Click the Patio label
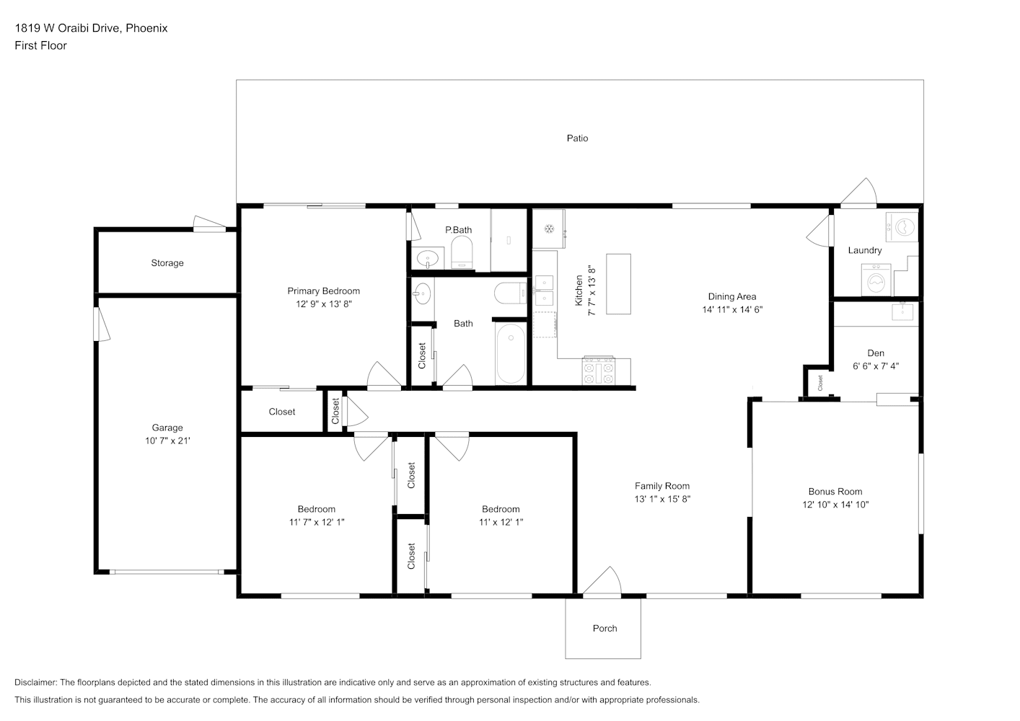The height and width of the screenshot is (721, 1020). [577, 138]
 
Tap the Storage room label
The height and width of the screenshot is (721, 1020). [167, 262]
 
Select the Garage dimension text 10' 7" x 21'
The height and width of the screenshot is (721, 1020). [167, 441]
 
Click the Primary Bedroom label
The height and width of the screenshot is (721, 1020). [323, 291]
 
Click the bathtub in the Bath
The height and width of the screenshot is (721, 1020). [511, 353]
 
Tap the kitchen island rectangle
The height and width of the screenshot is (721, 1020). [618, 284]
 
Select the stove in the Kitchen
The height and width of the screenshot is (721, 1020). [599, 371]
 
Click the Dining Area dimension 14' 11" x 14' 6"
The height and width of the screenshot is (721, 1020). [732, 309]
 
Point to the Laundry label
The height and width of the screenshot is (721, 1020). [865, 250]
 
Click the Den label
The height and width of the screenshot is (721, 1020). [876, 353]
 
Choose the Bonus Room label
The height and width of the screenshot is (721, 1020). [835, 492]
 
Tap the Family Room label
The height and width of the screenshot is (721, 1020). [662, 486]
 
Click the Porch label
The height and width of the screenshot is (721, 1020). [604, 628]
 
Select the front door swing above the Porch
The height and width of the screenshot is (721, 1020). [602, 580]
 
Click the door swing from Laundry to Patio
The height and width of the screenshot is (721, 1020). [858, 191]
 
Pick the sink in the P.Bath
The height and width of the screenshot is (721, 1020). [427, 259]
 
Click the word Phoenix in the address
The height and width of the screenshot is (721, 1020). [146, 28]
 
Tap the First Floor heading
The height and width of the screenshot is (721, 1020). [40, 45]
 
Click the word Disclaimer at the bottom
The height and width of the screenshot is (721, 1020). [35, 682]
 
